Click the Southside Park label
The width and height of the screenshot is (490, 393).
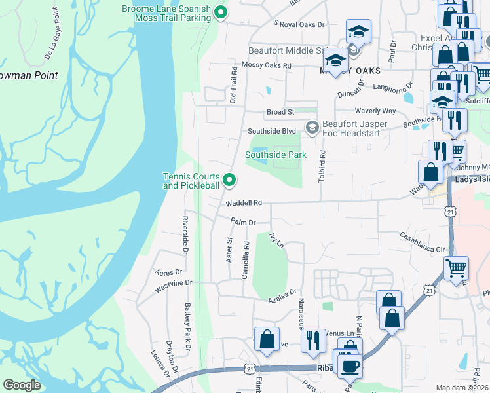click(x=276, y=155)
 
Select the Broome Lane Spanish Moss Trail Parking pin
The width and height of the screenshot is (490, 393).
click(x=221, y=11)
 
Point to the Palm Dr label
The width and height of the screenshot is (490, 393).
click(x=242, y=223)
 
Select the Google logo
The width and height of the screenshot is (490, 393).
click(x=22, y=385)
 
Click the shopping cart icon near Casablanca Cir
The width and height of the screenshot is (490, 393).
click(x=456, y=267)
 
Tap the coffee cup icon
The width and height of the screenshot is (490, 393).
click(x=347, y=364)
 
